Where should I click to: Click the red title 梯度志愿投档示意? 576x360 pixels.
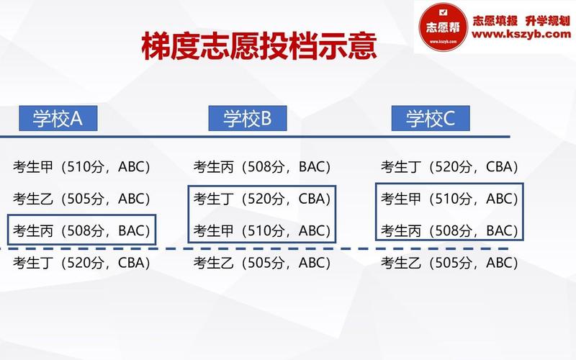(259, 46)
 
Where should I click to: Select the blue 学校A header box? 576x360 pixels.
(58, 118)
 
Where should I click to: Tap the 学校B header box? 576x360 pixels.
(248, 118)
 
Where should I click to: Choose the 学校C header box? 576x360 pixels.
(431, 118)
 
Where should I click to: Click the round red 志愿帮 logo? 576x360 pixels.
(443, 27)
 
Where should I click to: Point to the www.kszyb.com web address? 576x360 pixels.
(521, 34)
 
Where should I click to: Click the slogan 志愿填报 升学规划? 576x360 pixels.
(521, 21)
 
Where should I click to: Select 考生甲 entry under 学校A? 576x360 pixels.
(81, 167)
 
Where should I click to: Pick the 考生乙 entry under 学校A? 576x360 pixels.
(81, 199)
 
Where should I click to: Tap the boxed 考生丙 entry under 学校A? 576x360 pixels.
(81, 230)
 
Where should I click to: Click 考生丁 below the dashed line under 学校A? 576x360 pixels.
(81, 263)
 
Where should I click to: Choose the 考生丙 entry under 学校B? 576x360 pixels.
(262, 167)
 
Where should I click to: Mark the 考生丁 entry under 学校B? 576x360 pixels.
(262, 199)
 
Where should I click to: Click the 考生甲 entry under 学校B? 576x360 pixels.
(262, 230)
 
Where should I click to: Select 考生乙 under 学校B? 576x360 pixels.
(262, 263)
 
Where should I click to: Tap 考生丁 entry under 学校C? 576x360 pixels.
(449, 167)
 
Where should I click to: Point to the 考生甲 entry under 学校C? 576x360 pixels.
(449, 199)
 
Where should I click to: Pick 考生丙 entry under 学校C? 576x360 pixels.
(449, 230)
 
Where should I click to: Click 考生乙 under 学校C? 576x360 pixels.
(449, 263)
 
